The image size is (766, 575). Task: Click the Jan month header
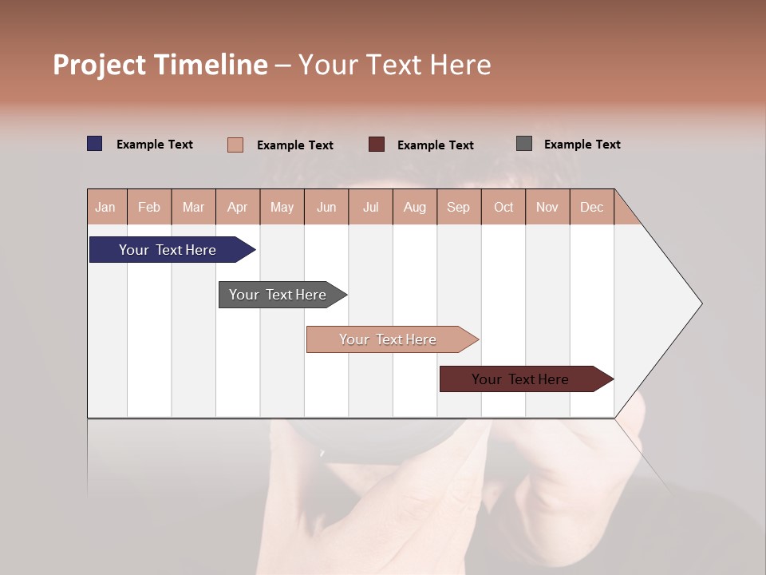tap(106, 207)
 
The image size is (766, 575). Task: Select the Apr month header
tap(238, 207)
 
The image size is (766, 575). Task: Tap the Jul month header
tap(370, 207)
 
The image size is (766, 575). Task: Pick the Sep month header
tap(459, 207)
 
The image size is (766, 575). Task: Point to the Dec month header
tap(591, 207)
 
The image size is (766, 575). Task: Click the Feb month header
tap(149, 207)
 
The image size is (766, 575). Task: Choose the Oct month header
tap(503, 207)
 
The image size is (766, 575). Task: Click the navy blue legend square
tap(95, 144)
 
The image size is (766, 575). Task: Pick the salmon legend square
tap(235, 145)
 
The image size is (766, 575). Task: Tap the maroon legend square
tap(377, 145)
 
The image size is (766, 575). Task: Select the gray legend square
tap(524, 144)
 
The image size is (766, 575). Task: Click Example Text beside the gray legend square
tap(582, 145)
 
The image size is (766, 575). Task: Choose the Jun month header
tap(326, 207)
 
